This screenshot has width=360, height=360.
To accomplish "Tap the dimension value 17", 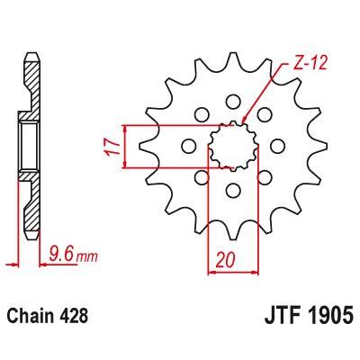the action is [x=112, y=148].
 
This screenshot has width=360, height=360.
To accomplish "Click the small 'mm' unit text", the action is [x=86, y=257].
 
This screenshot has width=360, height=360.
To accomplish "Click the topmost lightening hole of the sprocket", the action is [x=232, y=102].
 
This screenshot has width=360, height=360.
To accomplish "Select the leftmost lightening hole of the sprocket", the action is [x=188, y=146].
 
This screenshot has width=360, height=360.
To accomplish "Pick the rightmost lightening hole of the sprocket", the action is [x=277, y=146].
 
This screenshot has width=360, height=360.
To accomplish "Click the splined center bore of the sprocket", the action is [x=233, y=146].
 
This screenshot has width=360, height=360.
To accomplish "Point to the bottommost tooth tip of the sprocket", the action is [x=233, y=238].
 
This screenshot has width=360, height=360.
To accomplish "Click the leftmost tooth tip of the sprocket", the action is [x=141, y=146].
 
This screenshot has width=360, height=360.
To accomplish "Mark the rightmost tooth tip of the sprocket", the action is [x=325, y=146].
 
